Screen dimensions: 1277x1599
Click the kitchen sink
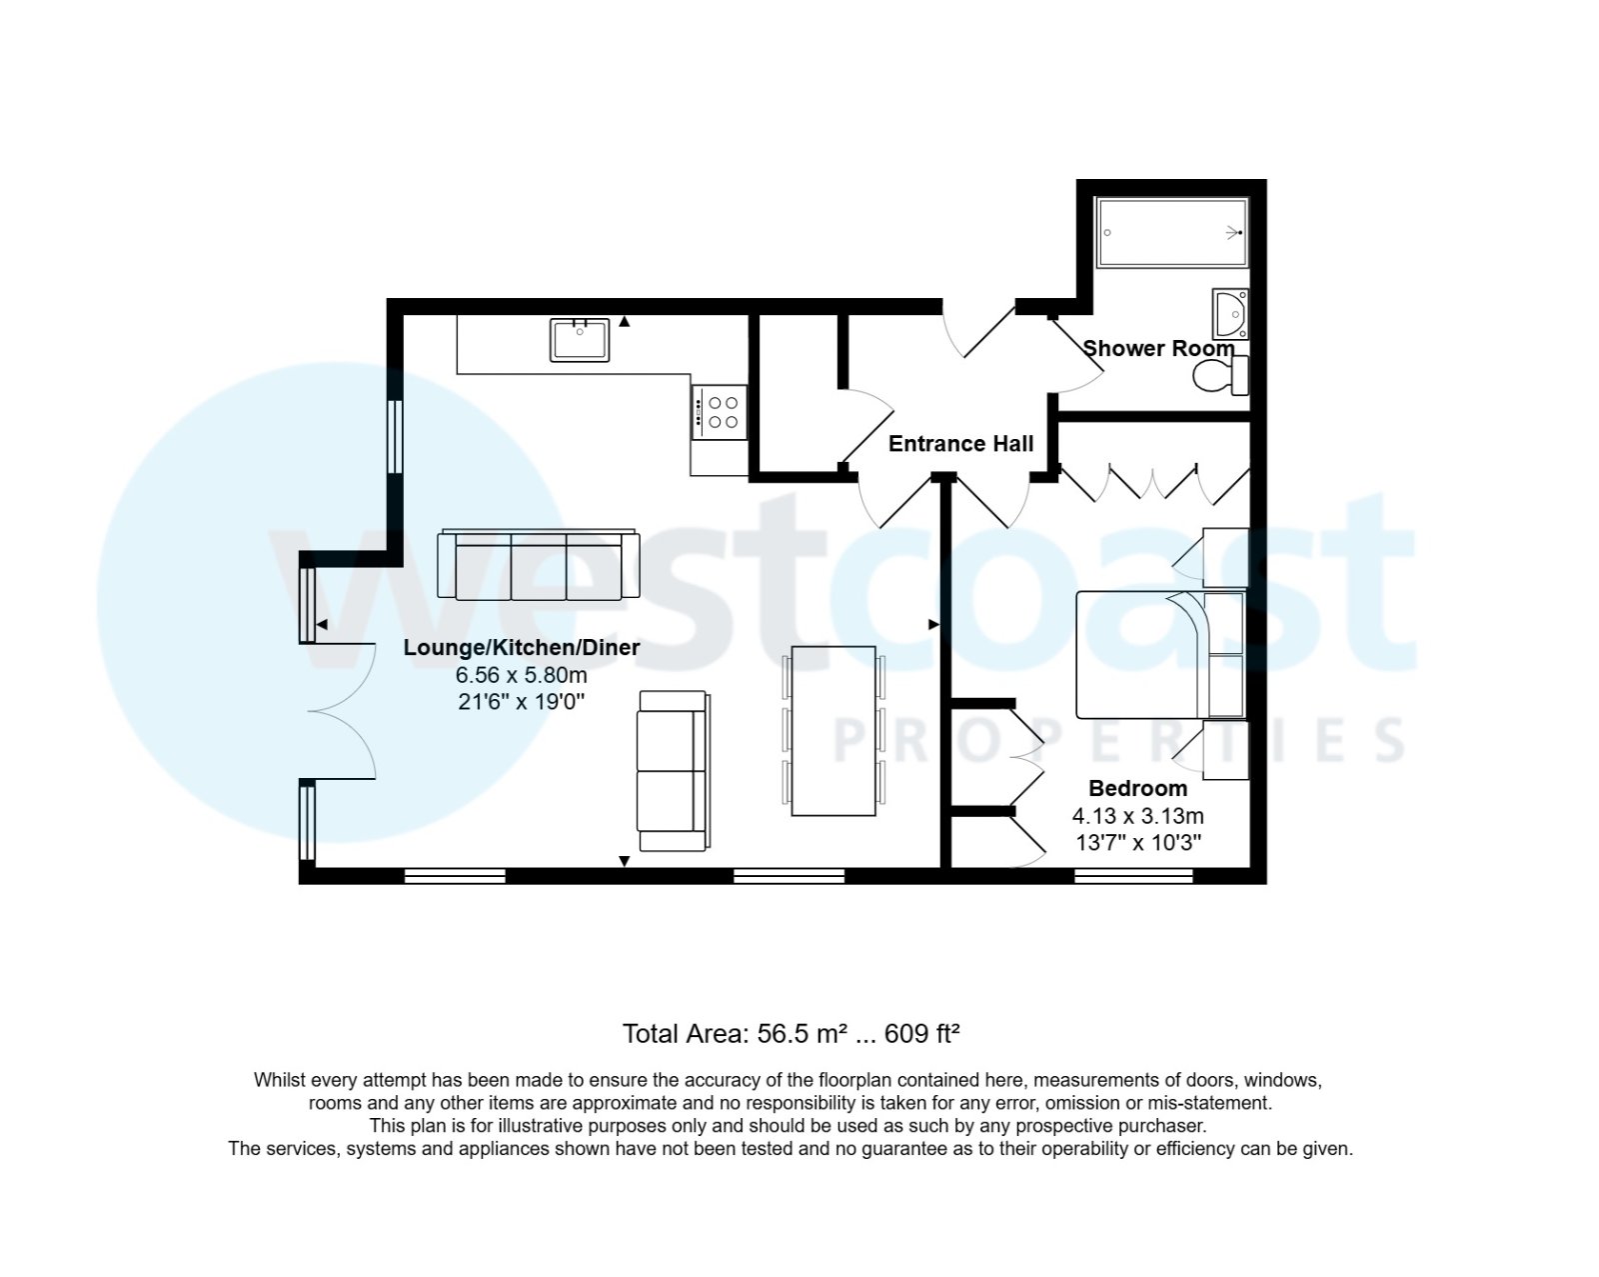(x=579, y=340)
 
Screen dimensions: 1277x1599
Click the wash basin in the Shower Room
(x=1230, y=314)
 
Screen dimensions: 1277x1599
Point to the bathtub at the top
(x=1171, y=233)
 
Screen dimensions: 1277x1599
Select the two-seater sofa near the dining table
(x=674, y=771)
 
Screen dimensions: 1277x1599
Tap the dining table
(x=832, y=731)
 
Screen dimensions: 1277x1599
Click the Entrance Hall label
(x=960, y=444)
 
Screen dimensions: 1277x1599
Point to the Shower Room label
(x=1158, y=349)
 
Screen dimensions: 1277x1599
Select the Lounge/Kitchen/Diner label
(x=521, y=648)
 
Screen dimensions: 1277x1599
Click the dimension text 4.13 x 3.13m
(x=1137, y=816)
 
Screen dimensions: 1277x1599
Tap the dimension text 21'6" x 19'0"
(x=521, y=702)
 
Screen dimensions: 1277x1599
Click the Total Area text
(x=791, y=1034)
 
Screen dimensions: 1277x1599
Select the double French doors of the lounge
(x=340, y=711)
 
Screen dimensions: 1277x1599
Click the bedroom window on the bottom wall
(x=1133, y=876)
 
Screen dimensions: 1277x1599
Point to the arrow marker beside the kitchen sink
(x=625, y=322)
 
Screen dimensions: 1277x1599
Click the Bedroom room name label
(x=1137, y=788)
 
